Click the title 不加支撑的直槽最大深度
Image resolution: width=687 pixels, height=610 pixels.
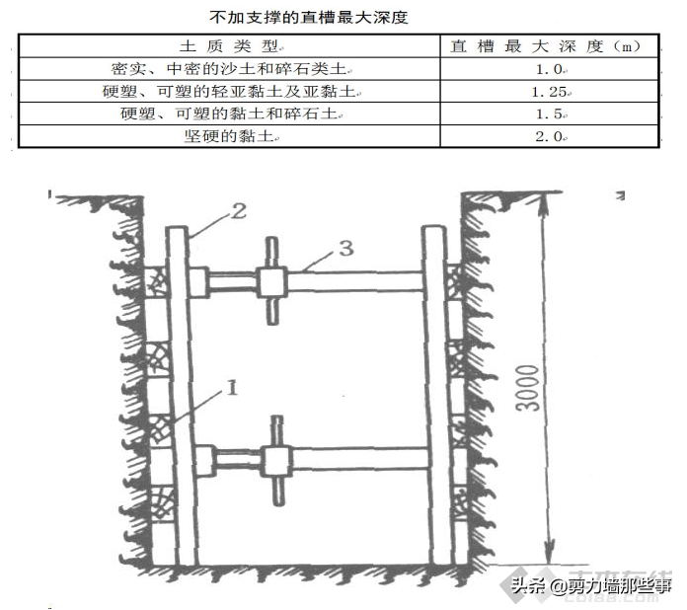point(309,18)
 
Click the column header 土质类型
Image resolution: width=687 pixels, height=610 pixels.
point(228,47)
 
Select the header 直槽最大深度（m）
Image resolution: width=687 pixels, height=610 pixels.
point(548,47)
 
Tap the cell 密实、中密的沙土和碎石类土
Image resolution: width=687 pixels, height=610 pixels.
point(228,70)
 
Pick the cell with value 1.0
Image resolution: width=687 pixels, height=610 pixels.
point(548,70)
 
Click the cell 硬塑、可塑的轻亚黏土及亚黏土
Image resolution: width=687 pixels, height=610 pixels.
point(228,92)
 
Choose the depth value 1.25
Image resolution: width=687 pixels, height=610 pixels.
point(548,92)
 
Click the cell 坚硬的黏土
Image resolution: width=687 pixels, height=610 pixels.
point(228,136)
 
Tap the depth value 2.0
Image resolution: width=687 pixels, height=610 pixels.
point(548,136)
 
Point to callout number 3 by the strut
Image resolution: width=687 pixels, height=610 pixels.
point(344,249)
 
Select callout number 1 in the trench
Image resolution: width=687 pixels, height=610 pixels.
point(232,388)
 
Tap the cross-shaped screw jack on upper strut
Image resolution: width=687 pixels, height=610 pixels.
point(271,281)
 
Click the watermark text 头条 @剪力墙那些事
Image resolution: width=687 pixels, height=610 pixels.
point(589,586)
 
